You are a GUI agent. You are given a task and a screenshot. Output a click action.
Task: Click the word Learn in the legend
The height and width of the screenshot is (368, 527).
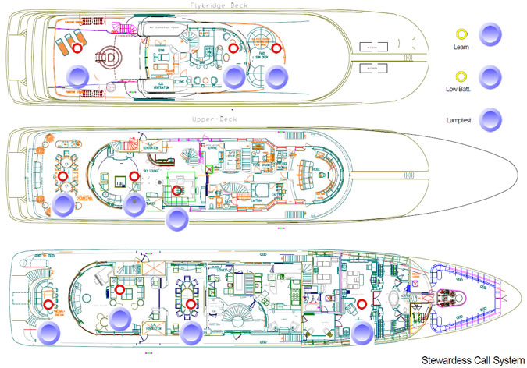click(461, 47)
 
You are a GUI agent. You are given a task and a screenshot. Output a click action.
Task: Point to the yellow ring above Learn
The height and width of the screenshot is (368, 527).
click(461, 34)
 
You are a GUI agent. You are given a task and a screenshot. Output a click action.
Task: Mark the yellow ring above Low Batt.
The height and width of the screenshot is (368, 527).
click(461, 77)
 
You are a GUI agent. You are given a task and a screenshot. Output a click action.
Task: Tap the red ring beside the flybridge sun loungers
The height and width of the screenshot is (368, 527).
click(77, 48)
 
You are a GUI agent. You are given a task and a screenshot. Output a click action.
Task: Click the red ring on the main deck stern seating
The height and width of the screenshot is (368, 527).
click(48, 304)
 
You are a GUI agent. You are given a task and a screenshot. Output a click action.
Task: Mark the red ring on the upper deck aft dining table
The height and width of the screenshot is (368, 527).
click(63, 176)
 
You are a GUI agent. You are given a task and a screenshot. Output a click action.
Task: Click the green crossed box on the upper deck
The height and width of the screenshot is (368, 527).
click(208, 169)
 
